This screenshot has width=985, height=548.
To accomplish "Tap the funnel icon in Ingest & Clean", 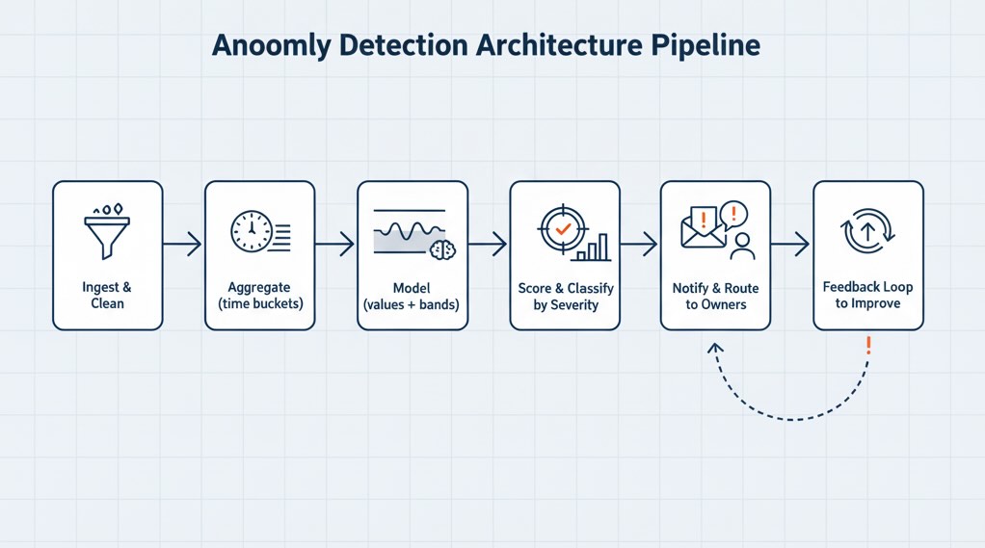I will (x=106, y=232).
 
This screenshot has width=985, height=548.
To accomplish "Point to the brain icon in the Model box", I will (x=441, y=249).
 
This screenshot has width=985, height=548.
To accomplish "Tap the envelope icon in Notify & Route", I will (x=702, y=231).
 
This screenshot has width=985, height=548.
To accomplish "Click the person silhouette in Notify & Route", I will (x=742, y=247).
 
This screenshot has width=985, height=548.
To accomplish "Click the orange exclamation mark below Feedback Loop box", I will (x=868, y=345).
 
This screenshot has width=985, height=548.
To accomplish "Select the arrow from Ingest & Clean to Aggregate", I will (x=183, y=246).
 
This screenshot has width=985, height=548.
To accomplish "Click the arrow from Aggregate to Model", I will (x=335, y=246).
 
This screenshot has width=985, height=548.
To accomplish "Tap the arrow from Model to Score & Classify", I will (x=488, y=246).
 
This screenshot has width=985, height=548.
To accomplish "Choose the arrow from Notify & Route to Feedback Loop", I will (x=790, y=246).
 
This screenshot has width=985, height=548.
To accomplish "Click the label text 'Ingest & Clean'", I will (x=106, y=296).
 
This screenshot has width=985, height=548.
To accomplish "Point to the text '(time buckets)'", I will (x=259, y=304).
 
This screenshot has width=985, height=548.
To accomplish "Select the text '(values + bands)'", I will (x=412, y=304).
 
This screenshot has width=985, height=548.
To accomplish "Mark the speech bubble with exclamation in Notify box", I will (x=733, y=213).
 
